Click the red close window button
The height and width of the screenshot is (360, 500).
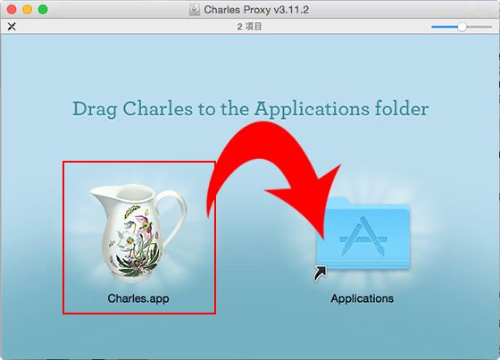coord(12,10)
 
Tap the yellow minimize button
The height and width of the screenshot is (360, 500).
coord(28,10)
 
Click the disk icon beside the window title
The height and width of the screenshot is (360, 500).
coord(195,10)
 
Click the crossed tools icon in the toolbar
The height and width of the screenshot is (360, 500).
coord(12,27)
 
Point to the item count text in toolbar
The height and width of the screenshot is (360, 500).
coord(249,27)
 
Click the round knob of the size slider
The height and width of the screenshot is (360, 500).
coord(462,27)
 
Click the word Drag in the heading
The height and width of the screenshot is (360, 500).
coord(95,109)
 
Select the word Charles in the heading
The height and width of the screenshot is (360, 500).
coord(158,108)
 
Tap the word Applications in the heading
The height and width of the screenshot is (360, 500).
coord(312,109)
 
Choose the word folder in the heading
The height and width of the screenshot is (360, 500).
coord(402,108)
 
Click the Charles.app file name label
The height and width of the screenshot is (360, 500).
coord(138,298)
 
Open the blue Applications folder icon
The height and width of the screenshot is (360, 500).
coord(363,234)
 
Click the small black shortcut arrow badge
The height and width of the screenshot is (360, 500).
coord(321,273)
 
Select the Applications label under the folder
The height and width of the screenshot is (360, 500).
coord(362,298)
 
